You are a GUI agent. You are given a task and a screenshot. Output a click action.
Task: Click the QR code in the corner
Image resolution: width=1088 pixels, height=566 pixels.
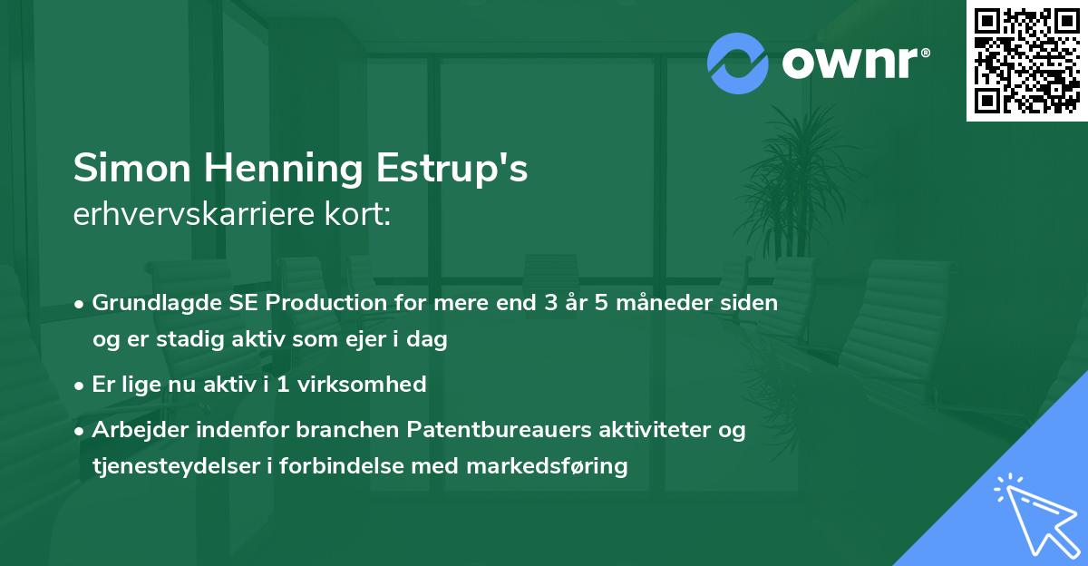(x=1026, y=61)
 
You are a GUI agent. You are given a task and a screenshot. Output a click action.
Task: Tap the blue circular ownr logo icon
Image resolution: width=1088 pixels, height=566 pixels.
(x=738, y=63)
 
